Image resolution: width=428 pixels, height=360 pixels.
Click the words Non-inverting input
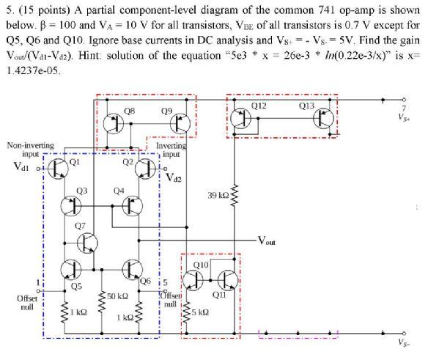(x=24, y=150)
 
